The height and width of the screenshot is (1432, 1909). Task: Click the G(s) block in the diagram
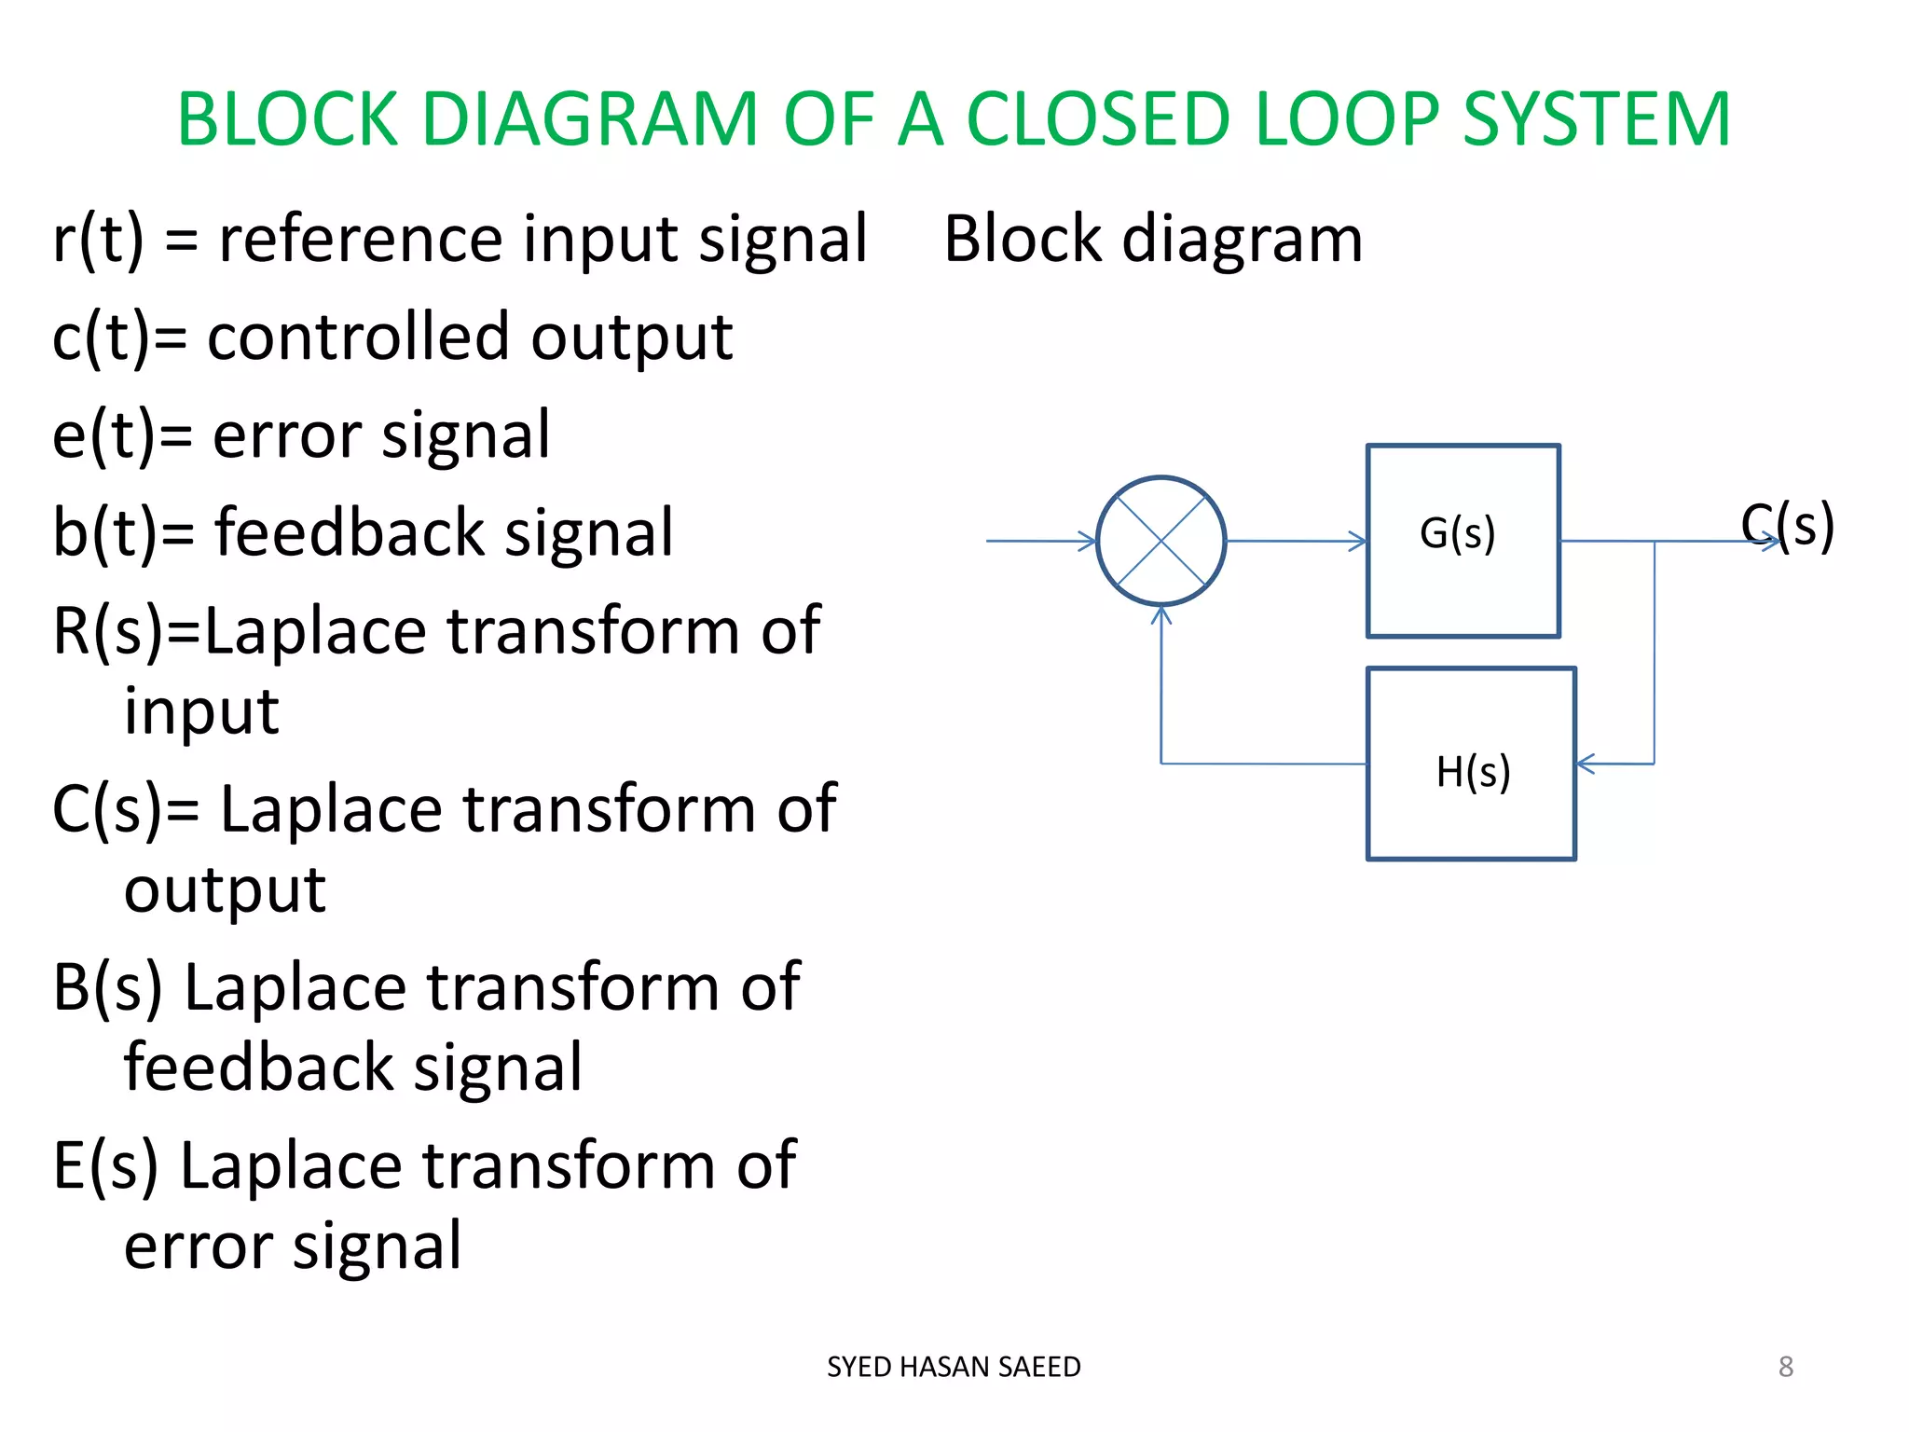pos(1462,541)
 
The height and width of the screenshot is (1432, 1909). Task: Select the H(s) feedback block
pos(1471,764)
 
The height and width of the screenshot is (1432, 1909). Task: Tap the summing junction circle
pos(1161,541)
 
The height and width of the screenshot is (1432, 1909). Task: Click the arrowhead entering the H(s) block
pos(1585,764)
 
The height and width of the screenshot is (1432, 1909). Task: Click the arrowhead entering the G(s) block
pos(1358,541)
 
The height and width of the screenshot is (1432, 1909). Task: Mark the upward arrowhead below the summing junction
pos(1161,615)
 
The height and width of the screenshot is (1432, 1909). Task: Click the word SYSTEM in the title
pos(1596,119)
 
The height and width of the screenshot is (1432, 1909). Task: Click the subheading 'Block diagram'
pos(1152,239)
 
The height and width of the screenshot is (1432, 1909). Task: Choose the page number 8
pos(1785,1367)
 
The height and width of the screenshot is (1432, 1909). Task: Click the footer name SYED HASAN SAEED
pos(954,1367)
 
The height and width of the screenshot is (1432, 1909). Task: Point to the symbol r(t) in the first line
pos(98,239)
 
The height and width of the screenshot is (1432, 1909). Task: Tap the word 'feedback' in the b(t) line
pos(350,532)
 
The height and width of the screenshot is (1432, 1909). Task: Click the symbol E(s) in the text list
pos(105,1165)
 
